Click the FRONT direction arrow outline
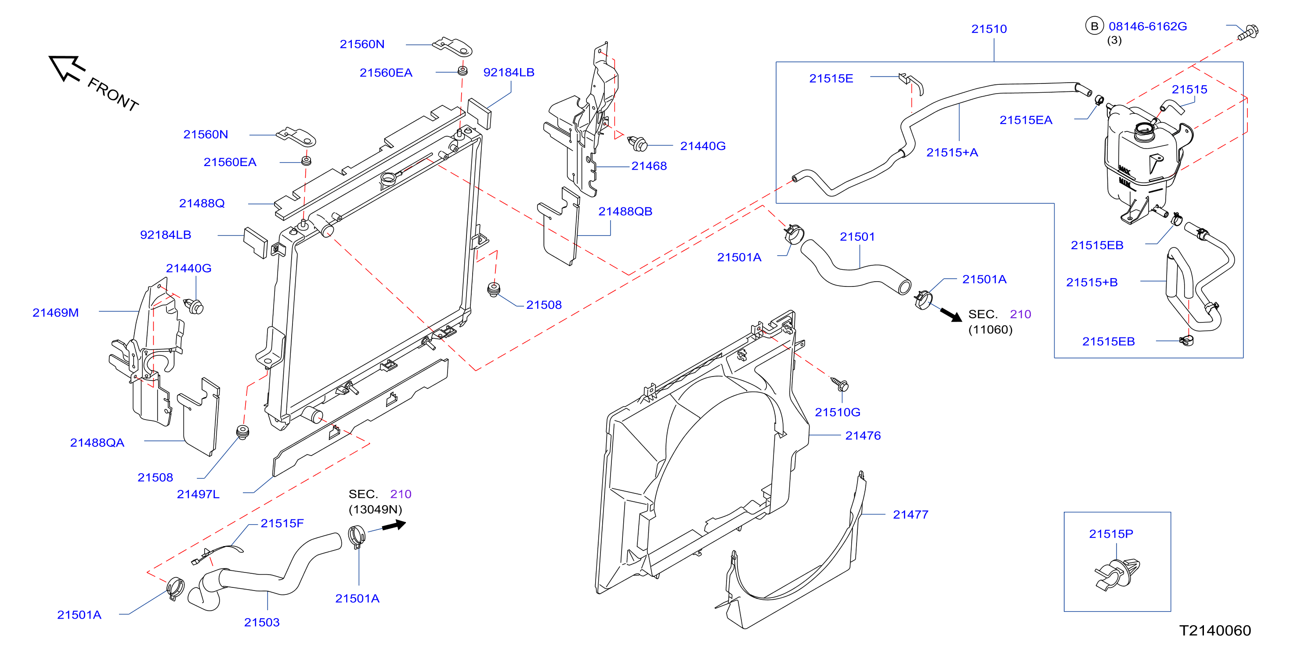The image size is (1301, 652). point(65,68)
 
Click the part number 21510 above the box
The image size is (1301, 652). point(989,29)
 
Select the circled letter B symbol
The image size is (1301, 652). point(1095,26)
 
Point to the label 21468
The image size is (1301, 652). point(649,166)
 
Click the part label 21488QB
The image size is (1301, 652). point(625,212)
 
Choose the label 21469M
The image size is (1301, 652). point(55,313)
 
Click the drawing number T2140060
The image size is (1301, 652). point(1215,631)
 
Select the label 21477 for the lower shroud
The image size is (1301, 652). point(911,514)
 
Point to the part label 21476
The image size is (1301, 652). point(863,435)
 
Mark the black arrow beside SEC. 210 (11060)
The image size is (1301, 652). point(951,315)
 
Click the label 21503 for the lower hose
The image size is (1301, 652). point(262,622)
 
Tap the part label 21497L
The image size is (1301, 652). point(198,494)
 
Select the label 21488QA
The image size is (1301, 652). point(97,442)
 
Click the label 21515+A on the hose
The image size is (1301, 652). point(952,152)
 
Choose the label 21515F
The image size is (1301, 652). point(282,523)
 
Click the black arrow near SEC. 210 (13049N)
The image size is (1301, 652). point(394,526)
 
